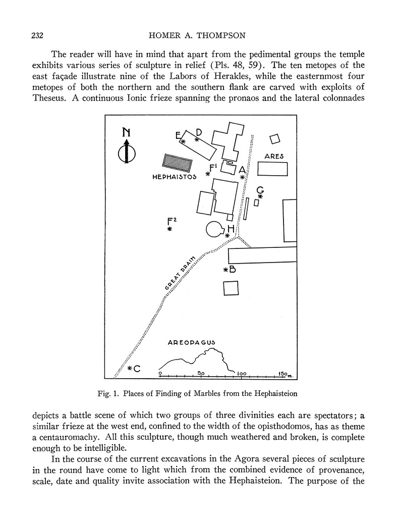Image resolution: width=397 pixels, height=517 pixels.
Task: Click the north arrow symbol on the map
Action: click(x=126, y=147)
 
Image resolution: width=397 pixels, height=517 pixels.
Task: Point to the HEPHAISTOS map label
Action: click(x=174, y=177)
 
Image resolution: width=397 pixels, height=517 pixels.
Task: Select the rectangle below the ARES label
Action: click(x=272, y=169)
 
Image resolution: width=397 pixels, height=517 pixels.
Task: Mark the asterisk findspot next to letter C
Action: click(x=130, y=369)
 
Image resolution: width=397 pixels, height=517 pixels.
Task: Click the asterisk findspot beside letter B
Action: click(x=226, y=270)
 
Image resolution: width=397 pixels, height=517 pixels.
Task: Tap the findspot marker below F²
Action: click(x=170, y=230)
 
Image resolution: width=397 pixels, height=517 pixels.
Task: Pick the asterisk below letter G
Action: click(x=260, y=196)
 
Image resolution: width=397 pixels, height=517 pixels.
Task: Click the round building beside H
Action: click(x=215, y=229)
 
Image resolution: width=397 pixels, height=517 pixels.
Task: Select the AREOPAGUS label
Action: click(x=191, y=342)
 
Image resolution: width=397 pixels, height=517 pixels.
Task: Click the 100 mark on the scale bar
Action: click(x=241, y=374)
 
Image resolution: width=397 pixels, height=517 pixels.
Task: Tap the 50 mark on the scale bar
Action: click(x=200, y=374)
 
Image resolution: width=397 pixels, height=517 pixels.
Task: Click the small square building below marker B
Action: click(x=231, y=288)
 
